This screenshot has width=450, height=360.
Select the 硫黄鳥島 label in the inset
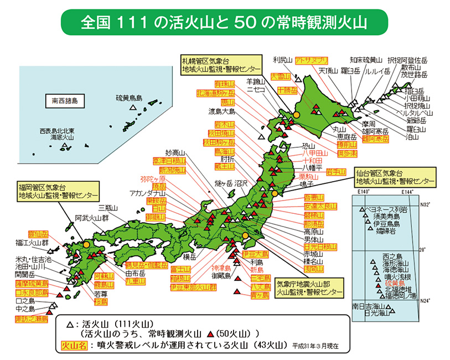129,98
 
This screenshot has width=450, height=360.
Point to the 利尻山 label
282,59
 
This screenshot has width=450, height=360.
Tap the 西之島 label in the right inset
391,256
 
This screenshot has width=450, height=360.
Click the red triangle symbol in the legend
211,335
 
